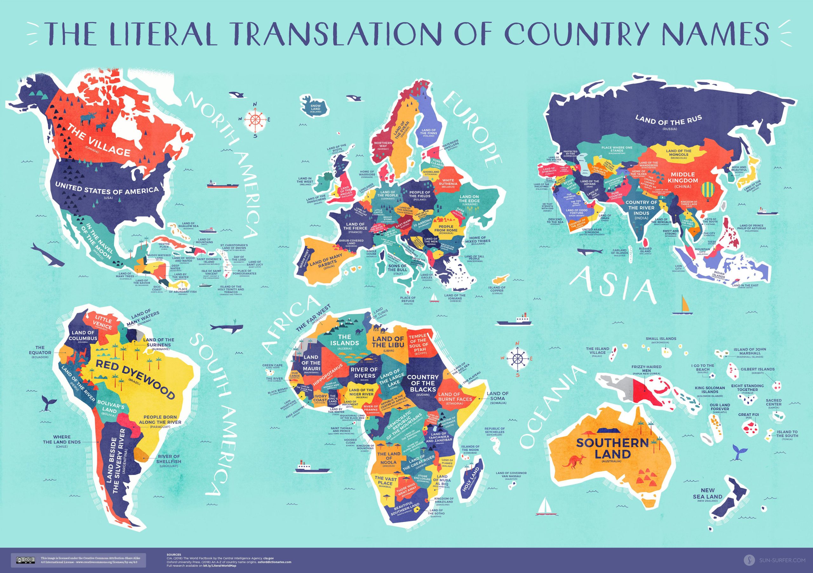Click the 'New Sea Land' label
tap(708, 494)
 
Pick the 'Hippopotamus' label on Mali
tap(327, 375)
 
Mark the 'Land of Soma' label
tap(498, 396)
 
